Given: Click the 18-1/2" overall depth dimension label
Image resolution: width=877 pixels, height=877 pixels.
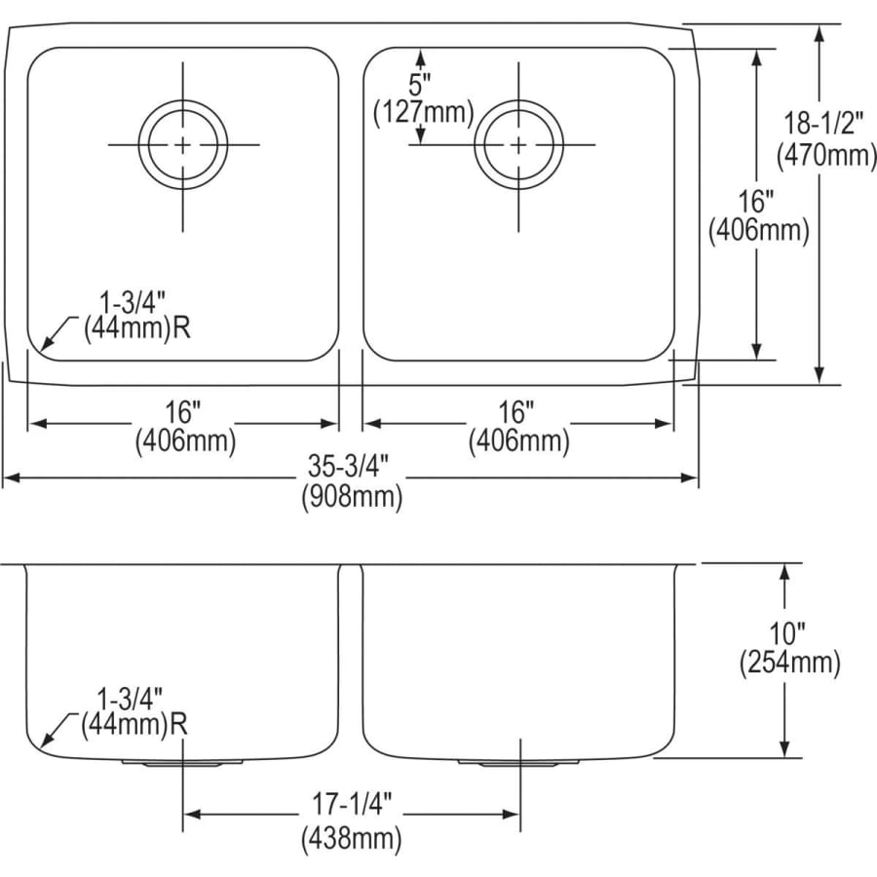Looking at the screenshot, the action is pyautogui.click(x=820, y=123).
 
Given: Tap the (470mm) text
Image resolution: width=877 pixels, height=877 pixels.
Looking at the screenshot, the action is pyautogui.click(x=826, y=155).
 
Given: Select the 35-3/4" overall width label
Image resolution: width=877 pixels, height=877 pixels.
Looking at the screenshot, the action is pyautogui.click(x=349, y=466).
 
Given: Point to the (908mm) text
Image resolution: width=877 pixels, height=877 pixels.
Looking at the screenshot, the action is pyautogui.click(x=352, y=497).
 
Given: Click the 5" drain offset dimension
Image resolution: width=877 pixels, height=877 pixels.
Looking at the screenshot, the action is pyautogui.click(x=419, y=85).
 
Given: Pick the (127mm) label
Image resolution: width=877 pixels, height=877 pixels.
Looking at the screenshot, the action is pyautogui.click(x=424, y=113).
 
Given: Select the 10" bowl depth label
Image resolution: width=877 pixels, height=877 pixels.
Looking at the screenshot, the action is pyautogui.click(x=787, y=633).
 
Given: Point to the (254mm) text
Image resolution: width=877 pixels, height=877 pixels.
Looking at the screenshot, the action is pyautogui.click(x=789, y=664).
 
